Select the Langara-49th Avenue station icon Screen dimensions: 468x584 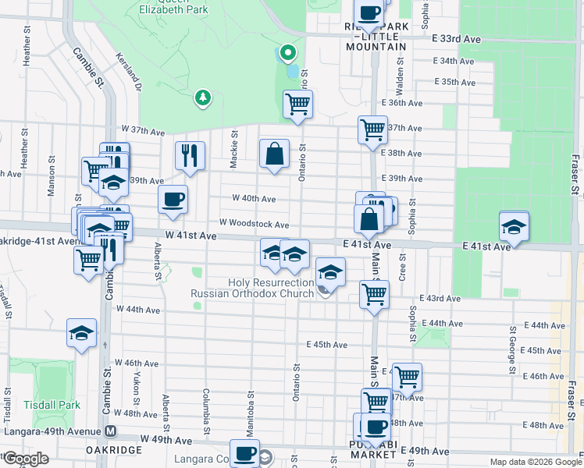[111, 431]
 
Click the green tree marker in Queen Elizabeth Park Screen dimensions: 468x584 [203, 97]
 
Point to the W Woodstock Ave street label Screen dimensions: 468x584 [254, 225]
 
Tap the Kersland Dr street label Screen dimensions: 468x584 [128, 73]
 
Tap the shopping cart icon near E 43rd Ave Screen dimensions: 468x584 [374, 294]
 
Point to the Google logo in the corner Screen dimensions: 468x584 [26, 459]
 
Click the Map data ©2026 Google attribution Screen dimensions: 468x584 [535, 462]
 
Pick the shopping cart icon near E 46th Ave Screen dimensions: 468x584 [407, 377]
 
